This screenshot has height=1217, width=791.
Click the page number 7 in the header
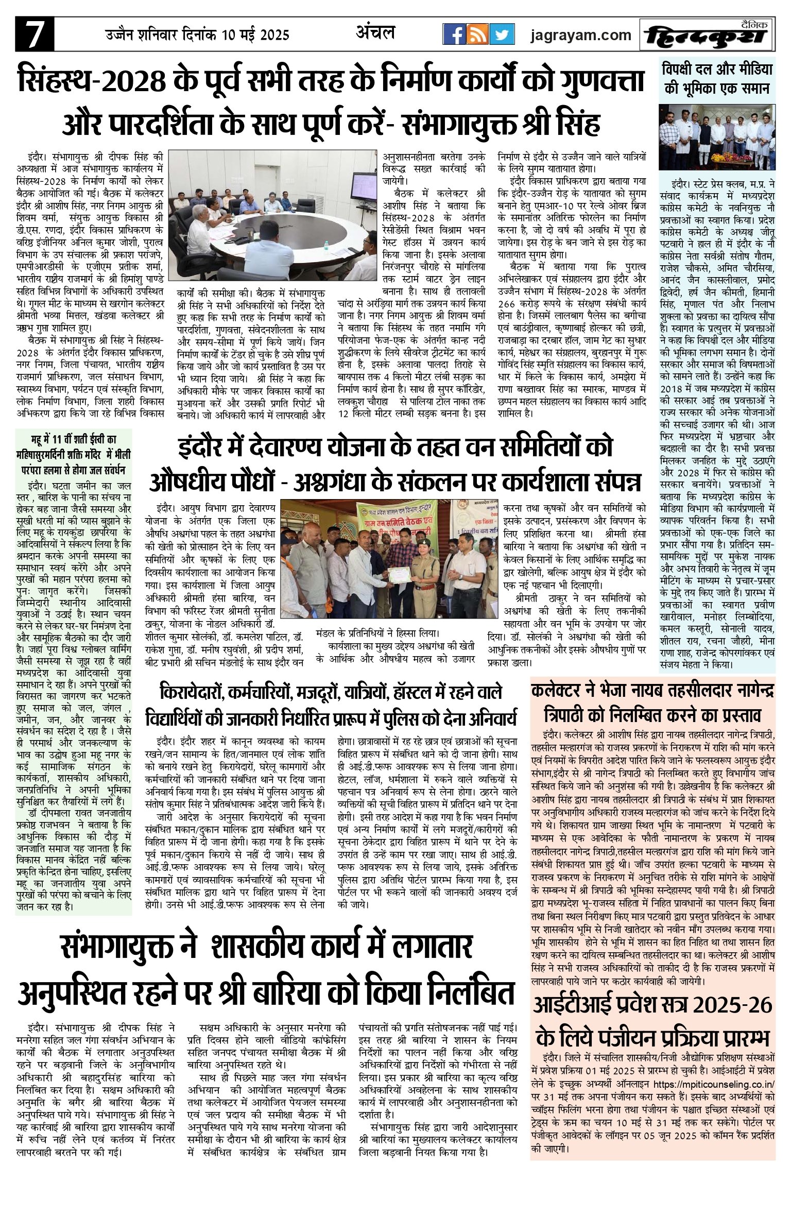click(x=34, y=34)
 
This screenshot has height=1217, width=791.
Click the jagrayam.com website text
click(x=581, y=35)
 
